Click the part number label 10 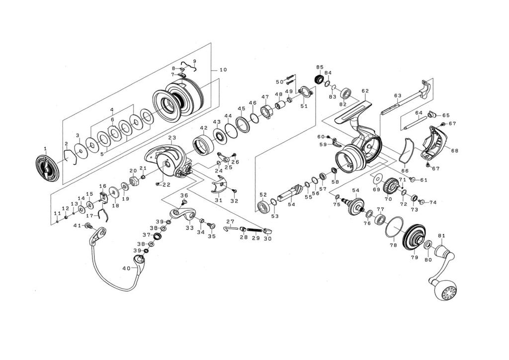point(222,70)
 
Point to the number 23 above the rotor point(172,138)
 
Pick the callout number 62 point(365,91)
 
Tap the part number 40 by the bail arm point(126,269)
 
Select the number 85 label point(320,67)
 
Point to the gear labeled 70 point(390,188)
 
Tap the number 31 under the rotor point(218,200)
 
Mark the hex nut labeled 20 point(133,180)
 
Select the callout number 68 point(455,150)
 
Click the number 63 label point(397,96)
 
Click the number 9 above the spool point(194,61)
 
